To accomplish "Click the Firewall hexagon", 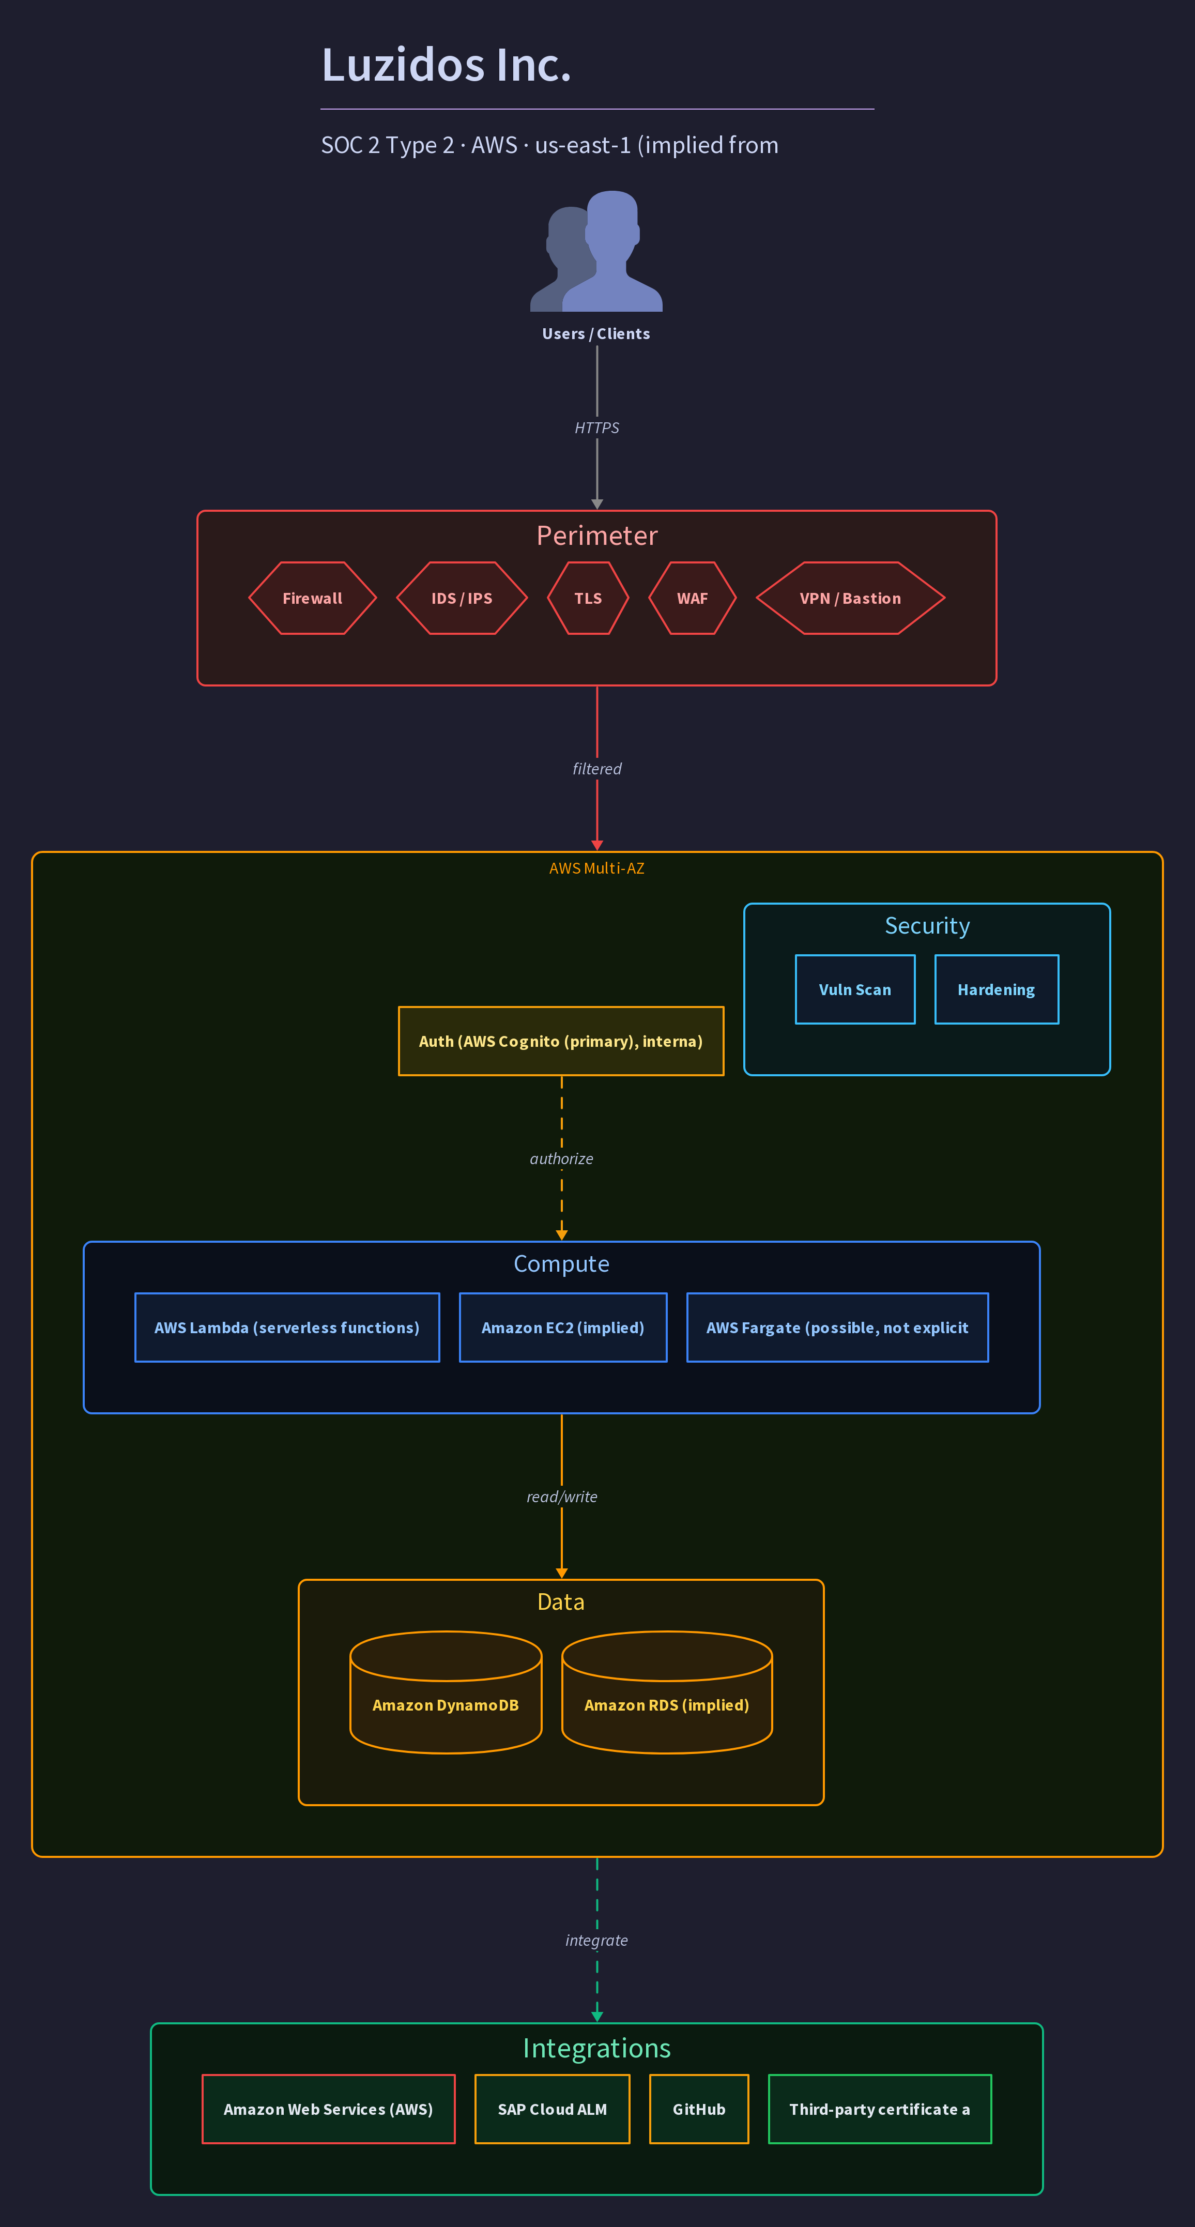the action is point(312,598).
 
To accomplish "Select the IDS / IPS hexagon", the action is point(462,598).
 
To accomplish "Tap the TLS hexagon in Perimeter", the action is point(588,598).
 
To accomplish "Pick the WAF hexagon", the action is point(693,598).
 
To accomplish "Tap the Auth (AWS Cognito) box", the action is point(561,1041).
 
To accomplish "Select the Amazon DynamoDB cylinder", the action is point(446,1692).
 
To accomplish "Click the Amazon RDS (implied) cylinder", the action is point(667,1692).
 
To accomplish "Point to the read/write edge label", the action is point(562,1497).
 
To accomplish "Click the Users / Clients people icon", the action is point(596,251).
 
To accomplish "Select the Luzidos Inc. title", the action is point(446,65).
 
